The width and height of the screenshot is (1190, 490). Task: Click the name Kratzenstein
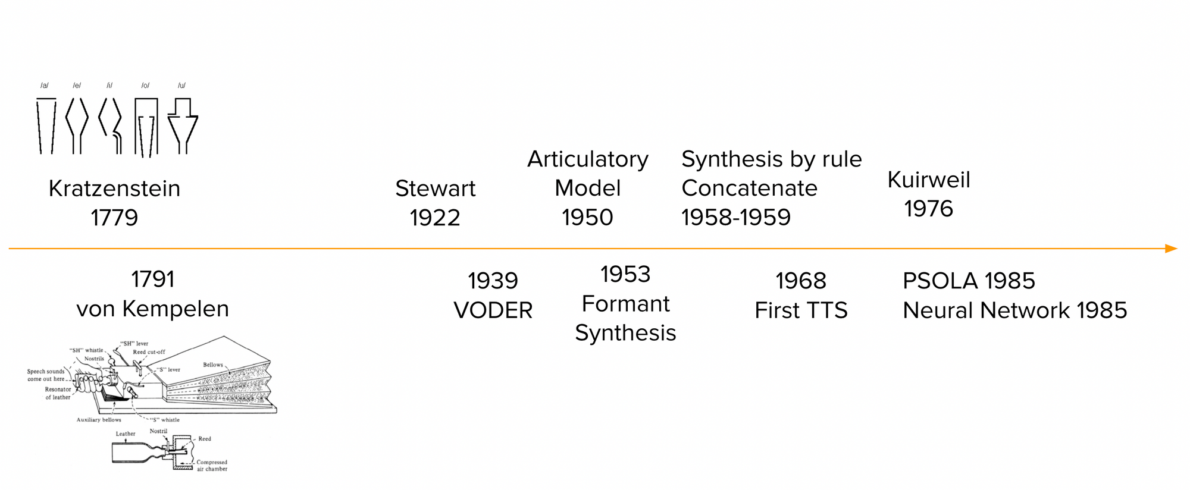click(114, 189)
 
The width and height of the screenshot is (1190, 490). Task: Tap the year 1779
click(114, 218)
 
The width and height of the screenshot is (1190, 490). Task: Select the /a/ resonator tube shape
click(46, 126)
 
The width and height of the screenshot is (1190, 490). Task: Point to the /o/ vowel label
click(145, 86)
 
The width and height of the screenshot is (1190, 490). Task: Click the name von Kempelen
click(152, 309)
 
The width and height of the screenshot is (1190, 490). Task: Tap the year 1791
click(152, 279)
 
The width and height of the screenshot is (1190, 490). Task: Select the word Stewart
click(435, 189)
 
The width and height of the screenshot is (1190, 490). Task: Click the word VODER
click(493, 310)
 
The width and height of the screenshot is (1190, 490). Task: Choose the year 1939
click(493, 281)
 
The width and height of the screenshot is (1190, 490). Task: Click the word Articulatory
click(587, 159)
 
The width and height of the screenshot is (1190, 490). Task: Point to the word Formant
click(625, 304)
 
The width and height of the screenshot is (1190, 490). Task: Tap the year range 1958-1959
click(736, 218)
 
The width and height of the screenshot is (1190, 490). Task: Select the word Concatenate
click(749, 189)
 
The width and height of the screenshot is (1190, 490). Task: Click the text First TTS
click(801, 310)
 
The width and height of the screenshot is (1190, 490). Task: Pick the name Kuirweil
click(928, 180)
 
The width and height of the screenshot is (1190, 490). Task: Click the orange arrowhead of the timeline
click(1171, 249)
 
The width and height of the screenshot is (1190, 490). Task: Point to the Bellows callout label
click(213, 365)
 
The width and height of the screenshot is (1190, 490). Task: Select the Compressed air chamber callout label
click(212, 465)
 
